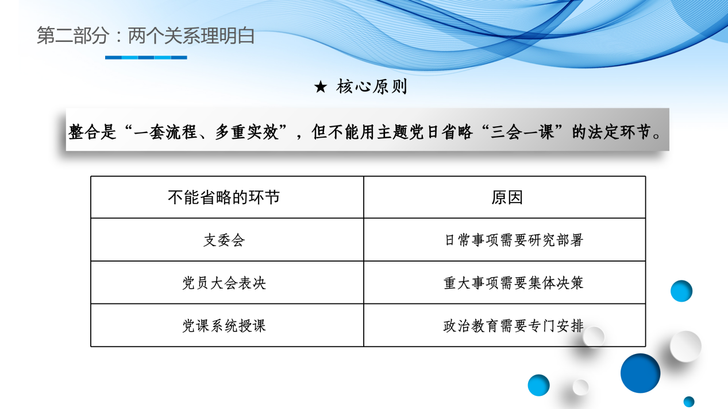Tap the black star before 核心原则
tap(321, 87)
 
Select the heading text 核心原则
tap(372, 87)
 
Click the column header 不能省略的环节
tap(224, 197)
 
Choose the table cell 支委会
tap(224, 240)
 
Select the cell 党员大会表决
tap(224, 283)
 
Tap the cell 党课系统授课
tap(224, 326)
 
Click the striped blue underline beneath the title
tap(146, 57)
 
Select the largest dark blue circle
tap(640, 373)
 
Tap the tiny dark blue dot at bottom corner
tap(689, 402)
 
